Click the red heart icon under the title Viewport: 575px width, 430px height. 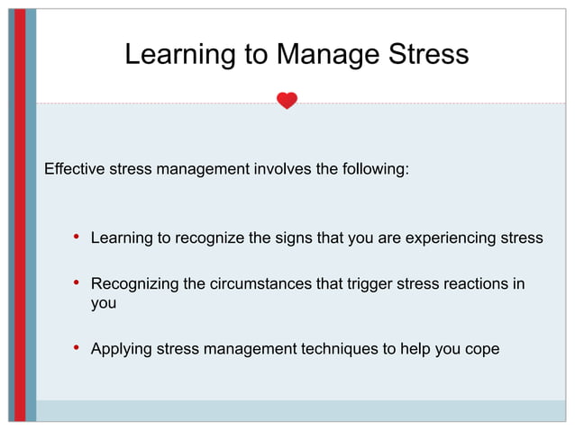(x=287, y=101)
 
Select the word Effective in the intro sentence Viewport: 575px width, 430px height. (x=74, y=168)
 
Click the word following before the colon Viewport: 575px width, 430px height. (x=369, y=168)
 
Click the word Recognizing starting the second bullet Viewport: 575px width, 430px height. (x=134, y=285)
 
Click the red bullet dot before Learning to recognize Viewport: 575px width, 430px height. (x=78, y=237)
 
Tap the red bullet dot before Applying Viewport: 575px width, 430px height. (x=78, y=348)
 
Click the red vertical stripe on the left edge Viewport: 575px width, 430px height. (x=20, y=216)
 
